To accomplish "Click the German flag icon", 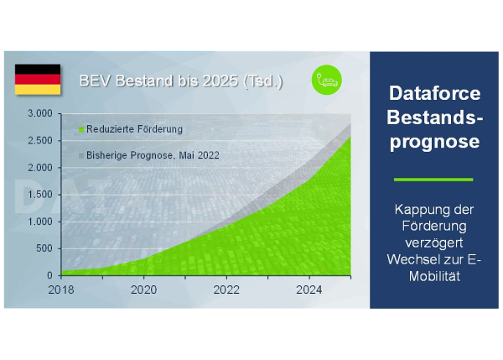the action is tap(38, 80).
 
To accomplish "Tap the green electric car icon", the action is tap(327, 80).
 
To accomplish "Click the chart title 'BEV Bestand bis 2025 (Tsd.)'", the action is tap(181, 81).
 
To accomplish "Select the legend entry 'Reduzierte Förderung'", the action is tap(131, 129).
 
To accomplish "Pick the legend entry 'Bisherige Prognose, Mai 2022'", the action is tap(149, 155).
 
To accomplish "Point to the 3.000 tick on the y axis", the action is tap(40, 113).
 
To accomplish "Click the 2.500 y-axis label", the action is tap(40, 140).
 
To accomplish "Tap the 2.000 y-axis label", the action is tap(40, 167).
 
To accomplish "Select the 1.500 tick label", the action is tap(40, 195).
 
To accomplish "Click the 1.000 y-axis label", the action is tap(40, 222).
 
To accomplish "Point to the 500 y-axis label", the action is tap(44, 248).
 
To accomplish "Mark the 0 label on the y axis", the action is tap(49, 275).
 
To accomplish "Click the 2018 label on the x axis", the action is tap(61, 290).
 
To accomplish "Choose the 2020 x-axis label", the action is tap(143, 290).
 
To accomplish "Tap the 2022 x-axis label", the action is tap(226, 290).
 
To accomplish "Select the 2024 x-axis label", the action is tap(309, 290).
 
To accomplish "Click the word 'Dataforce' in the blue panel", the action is tap(434, 93).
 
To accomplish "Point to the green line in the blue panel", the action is tap(433, 180).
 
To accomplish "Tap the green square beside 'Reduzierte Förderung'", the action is tap(81, 130).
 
